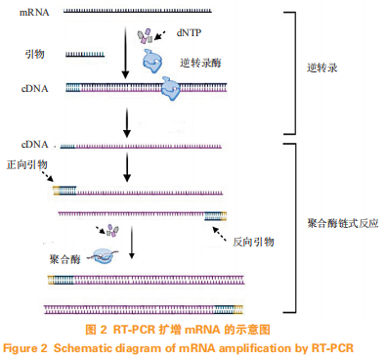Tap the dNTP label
coord(190,32)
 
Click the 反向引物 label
coord(252,241)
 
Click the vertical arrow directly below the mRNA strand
coord(126,54)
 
